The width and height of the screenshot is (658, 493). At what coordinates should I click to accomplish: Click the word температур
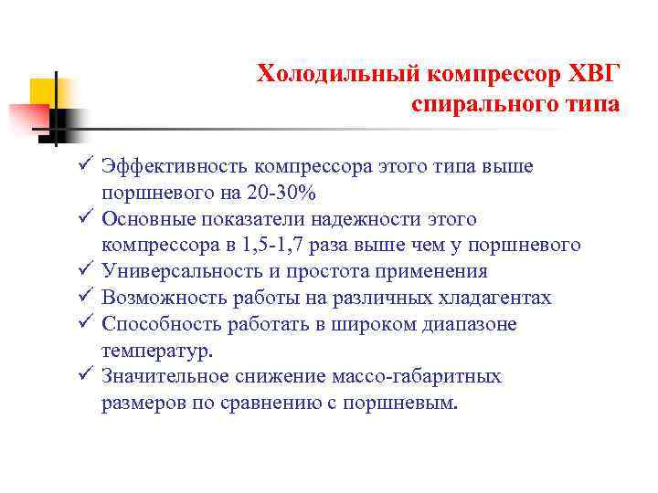point(156,351)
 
